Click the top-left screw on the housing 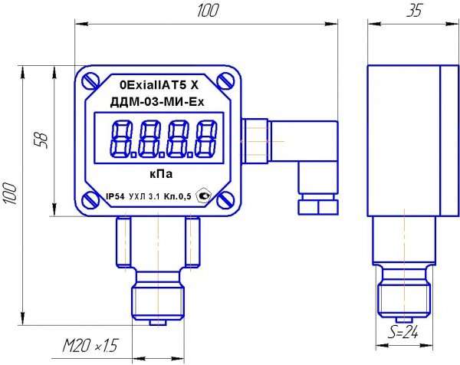pyautogui.click(x=90, y=81)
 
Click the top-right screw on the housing pyautogui.click(x=225, y=81)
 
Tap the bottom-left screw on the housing pyautogui.click(x=90, y=199)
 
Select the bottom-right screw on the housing pyautogui.click(x=225, y=200)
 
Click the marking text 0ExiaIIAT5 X pyautogui.click(x=159, y=85)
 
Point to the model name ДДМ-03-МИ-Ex pyautogui.click(x=157, y=103)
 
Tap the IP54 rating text pyautogui.click(x=115, y=196)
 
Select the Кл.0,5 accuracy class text pyautogui.click(x=177, y=196)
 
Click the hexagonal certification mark pyautogui.click(x=203, y=196)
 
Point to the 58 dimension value pyautogui.click(x=41, y=141)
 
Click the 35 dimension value pyautogui.click(x=414, y=11)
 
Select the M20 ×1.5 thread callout pyautogui.click(x=90, y=345)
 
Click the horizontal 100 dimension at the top pyautogui.click(x=208, y=11)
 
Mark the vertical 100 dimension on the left pyautogui.click(x=10, y=193)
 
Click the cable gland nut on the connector pyautogui.click(x=318, y=207)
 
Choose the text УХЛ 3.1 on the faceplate pyautogui.click(x=144, y=197)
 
